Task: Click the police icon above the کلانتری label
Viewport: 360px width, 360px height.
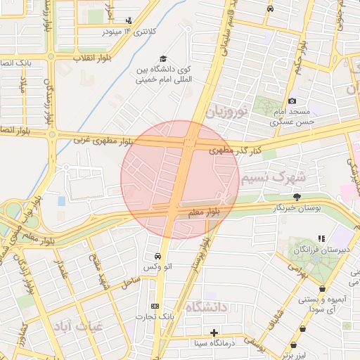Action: tap(128, 21)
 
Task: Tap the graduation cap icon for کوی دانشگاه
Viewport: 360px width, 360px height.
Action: tap(163, 59)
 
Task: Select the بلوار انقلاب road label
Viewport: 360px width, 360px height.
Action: tap(69, 60)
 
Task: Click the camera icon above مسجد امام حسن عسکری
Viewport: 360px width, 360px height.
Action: tap(292, 101)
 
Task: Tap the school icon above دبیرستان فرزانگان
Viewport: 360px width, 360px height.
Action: tap(321, 239)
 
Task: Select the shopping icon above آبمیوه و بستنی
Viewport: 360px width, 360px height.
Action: tap(322, 288)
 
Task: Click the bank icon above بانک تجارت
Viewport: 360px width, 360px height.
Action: tap(155, 306)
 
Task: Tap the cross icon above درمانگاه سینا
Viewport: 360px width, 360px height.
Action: tap(214, 332)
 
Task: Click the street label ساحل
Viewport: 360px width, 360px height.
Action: tap(130, 282)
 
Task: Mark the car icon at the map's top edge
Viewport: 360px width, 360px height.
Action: tap(271, 8)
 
